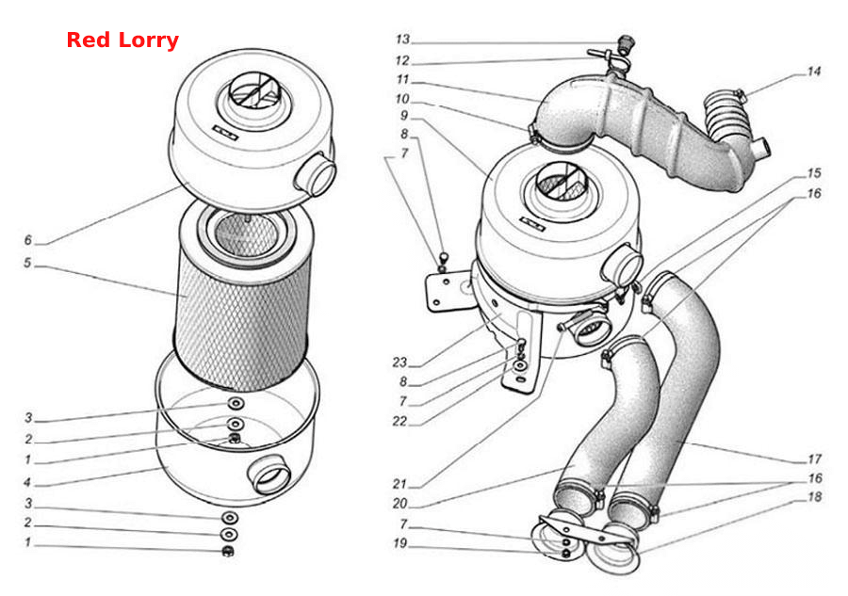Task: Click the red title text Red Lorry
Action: tap(122, 40)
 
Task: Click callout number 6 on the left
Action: tap(28, 239)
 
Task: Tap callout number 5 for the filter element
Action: tap(27, 263)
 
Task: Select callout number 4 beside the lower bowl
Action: tap(27, 482)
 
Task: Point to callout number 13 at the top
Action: tap(403, 39)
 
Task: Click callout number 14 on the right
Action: tap(813, 72)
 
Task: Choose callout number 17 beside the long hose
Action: tap(814, 459)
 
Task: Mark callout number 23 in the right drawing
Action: tap(400, 362)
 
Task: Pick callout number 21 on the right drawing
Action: tap(400, 484)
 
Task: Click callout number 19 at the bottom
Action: tap(400, 543)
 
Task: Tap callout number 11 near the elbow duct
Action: tap(403, 79)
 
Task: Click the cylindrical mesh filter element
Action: tap(242, 298)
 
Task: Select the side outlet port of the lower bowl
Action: tap(269, 474)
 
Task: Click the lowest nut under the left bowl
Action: tap(228, 551)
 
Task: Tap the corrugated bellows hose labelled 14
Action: tap(727, 116)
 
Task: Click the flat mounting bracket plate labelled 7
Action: tap(448, 289)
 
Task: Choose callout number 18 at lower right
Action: tap(814, 496)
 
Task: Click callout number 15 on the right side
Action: tap(814, 173)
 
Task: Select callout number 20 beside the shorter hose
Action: tap(400, 504)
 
